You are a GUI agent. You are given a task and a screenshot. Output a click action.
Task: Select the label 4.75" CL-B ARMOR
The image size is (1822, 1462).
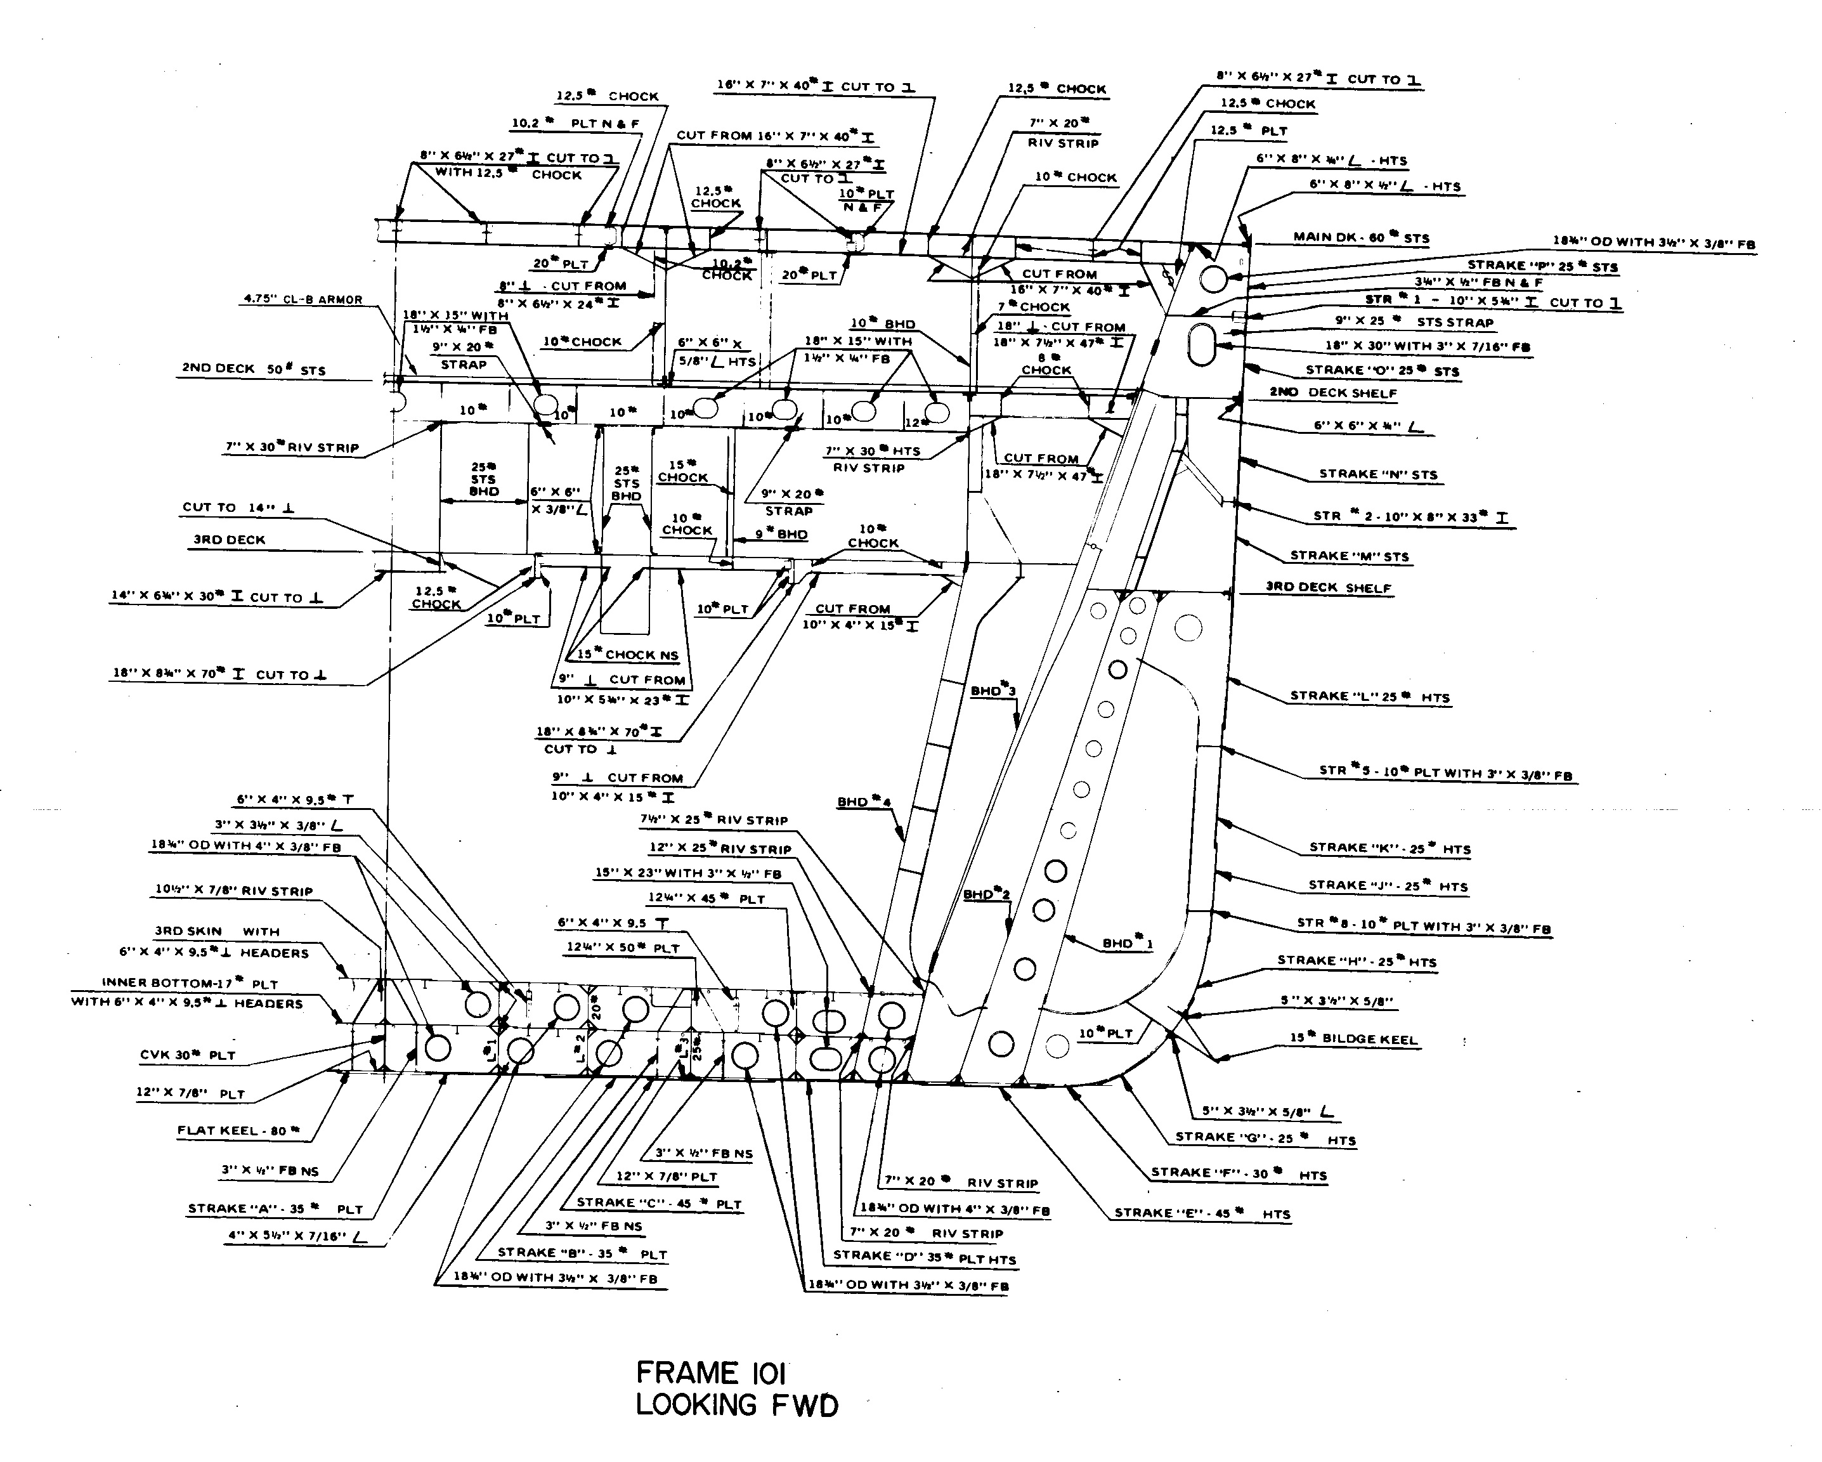click(303, 299)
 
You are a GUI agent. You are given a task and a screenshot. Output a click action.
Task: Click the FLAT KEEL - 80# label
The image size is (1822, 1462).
click(238, 1131)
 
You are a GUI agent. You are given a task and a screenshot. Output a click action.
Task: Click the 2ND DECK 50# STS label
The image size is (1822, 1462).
click(254, 369)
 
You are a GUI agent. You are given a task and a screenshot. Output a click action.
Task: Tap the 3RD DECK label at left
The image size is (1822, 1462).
click(229, 540)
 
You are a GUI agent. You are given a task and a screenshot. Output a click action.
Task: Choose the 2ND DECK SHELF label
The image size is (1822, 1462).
click(1332, 393)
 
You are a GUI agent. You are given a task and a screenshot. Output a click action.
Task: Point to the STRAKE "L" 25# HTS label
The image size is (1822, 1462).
click(1369, 697)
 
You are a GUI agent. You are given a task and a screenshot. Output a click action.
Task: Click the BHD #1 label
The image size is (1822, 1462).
click(1128, 943)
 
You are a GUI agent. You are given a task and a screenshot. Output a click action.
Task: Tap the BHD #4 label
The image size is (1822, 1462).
click(864, 801)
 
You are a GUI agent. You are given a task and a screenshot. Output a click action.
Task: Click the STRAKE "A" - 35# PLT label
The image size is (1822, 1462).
click(275, 1210)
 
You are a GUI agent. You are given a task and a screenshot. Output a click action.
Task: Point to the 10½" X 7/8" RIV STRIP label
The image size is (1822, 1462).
click(233, 891)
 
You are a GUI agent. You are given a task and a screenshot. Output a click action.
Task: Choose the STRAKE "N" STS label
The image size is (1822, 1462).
click(1377, 475)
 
